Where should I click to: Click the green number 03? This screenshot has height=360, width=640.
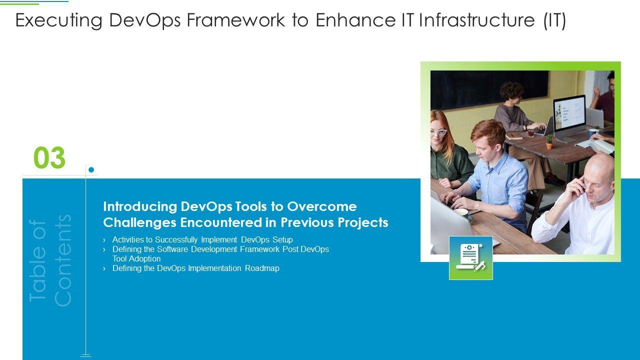49,157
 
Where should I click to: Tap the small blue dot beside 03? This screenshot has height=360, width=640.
91,169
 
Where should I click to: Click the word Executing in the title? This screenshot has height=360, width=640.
59,20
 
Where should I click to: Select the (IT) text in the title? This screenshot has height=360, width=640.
554,20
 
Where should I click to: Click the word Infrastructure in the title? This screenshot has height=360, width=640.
477,20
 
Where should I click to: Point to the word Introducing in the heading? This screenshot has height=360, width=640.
140,207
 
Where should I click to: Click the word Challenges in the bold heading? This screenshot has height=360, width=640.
139,222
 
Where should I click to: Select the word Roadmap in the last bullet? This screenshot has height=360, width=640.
262,268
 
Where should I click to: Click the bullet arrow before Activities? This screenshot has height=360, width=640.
104,240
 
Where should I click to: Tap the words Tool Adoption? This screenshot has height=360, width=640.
136,259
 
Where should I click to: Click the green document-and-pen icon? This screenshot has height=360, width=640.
471,258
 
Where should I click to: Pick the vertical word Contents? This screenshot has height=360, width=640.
62,260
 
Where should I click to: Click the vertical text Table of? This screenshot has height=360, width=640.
37,260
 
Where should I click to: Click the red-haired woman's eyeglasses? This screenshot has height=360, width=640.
438,132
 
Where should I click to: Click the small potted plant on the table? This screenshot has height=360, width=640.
549,142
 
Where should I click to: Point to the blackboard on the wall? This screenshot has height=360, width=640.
489,89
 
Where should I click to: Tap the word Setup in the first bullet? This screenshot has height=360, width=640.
282,239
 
